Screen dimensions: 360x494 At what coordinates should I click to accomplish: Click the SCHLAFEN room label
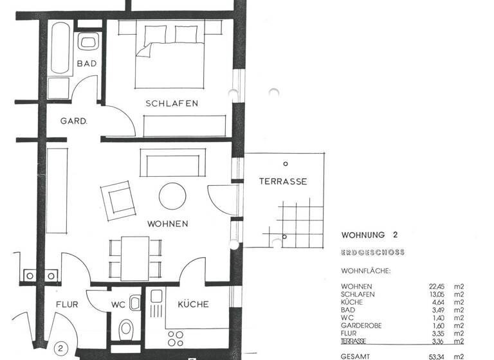click(x=171, y=104)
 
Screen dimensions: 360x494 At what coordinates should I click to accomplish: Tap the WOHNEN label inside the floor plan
click(x=168, y=224)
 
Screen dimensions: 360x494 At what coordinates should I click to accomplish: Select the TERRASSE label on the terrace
click(x=282, y=181)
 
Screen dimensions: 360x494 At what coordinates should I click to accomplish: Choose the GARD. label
click(x=73, y=121)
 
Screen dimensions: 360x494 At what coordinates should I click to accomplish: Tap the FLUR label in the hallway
click(x=67, y=305)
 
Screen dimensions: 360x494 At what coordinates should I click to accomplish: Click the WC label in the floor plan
click(x=117, y=305)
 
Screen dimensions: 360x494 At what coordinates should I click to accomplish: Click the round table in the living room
click(x=173, y=196)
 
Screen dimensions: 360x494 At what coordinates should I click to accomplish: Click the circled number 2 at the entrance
click(x=60, y=349)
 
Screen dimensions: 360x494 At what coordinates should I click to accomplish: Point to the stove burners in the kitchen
click(x=176, y=339)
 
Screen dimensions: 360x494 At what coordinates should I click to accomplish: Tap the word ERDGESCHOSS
click(x=372, y=253)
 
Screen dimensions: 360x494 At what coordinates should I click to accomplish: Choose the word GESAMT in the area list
click(x=356, y=355)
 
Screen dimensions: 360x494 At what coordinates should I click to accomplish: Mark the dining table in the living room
click(x=134, y=256)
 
